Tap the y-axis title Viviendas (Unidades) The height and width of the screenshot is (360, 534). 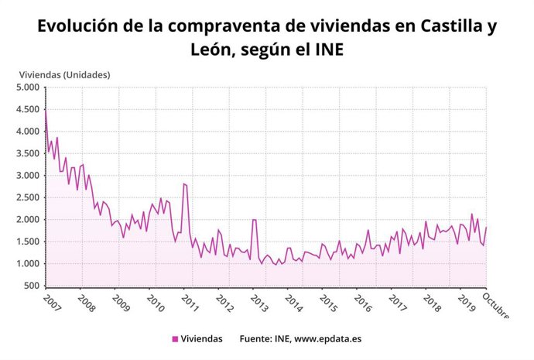[65, 75]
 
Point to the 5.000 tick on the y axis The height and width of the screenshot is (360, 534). [28, 87]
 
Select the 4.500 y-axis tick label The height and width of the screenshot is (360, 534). [28, 110]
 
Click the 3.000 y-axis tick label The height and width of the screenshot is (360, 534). [28, 176]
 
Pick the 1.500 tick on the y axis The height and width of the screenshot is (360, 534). [28, 242]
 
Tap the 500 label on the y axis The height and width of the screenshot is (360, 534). [32, 286]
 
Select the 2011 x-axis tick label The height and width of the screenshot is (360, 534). [190, 303]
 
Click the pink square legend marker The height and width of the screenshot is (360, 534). [175, 338]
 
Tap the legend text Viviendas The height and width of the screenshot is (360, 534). [202, 338]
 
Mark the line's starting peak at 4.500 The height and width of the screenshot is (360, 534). [46, 110]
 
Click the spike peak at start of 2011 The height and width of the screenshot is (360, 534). [184, 184]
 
